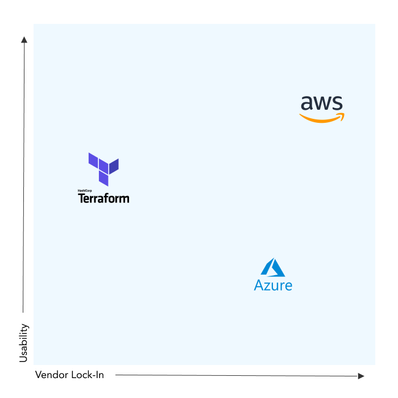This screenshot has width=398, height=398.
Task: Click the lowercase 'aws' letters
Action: click(x=322, y=103)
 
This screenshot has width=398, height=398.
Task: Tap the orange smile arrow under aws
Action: click(x=321, y=118)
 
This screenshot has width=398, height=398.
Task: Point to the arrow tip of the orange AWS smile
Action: click(x=342, y=115)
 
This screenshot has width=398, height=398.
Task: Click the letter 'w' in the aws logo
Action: click(x=322, y=103)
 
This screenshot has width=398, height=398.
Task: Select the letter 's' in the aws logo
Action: click(x=337, y=103)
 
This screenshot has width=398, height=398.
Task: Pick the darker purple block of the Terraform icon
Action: click(x=114, y=166)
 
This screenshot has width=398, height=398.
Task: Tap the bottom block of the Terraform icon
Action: click(x=103, y=179)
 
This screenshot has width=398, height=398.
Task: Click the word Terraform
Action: click(x=103, y=198)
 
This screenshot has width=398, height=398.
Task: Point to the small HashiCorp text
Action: click(x=85, y=190)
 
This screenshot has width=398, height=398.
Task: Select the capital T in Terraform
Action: click(x=81, y=198)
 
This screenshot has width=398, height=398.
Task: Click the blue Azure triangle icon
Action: click(x=273, y=268)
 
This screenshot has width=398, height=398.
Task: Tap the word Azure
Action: click(x=273, y=285)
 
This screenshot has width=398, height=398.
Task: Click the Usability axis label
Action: click(x=23, y=343)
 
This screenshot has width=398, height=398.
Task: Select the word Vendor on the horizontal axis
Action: click(x=51, y=375)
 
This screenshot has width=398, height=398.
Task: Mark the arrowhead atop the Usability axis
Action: click(x=24, y=39)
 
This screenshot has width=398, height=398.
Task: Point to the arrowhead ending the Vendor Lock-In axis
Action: click(x=361, y=376)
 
